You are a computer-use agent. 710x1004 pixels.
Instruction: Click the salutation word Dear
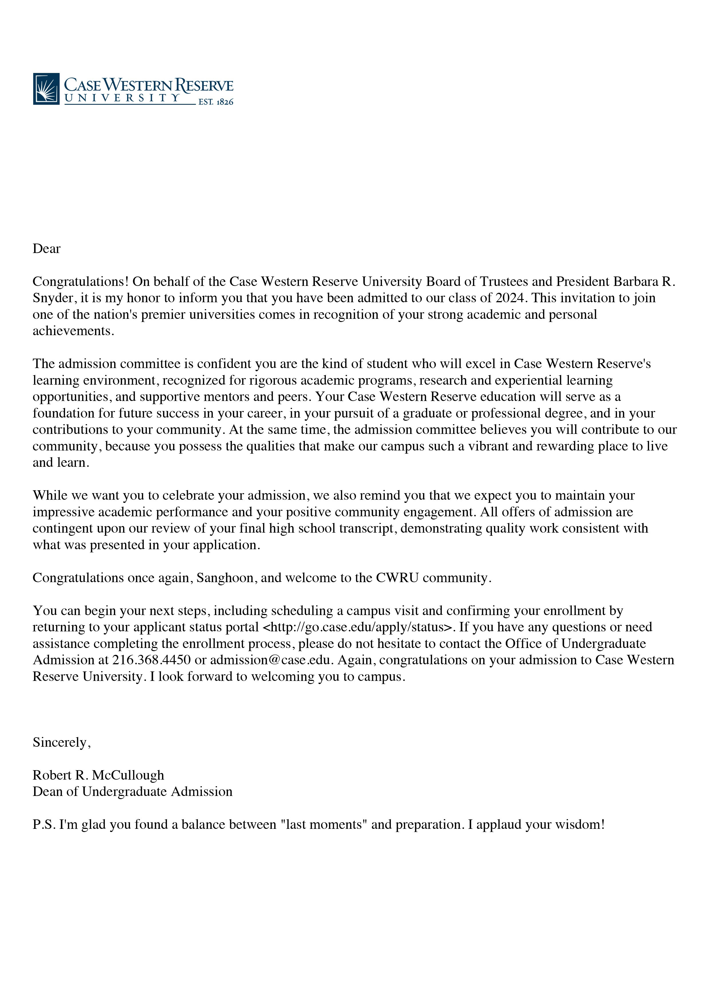(x=46, y=249)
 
